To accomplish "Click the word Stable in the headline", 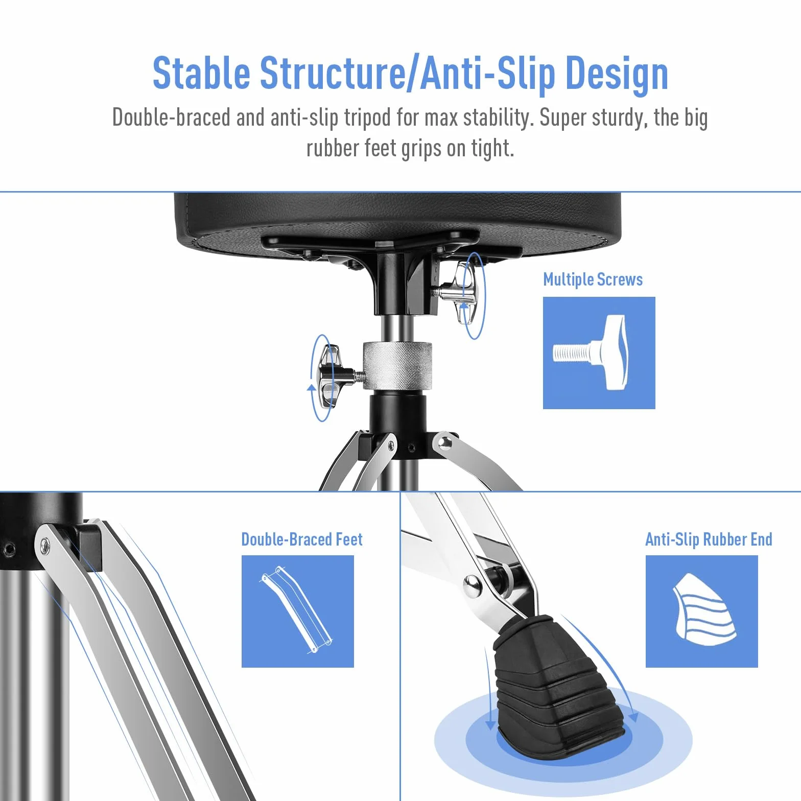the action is point(202,73).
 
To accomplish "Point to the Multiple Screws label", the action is point(593,279).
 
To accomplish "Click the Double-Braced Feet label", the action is point(302,539).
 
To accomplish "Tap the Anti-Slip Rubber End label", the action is point(709,539).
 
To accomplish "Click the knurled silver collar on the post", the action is point(397,365).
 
